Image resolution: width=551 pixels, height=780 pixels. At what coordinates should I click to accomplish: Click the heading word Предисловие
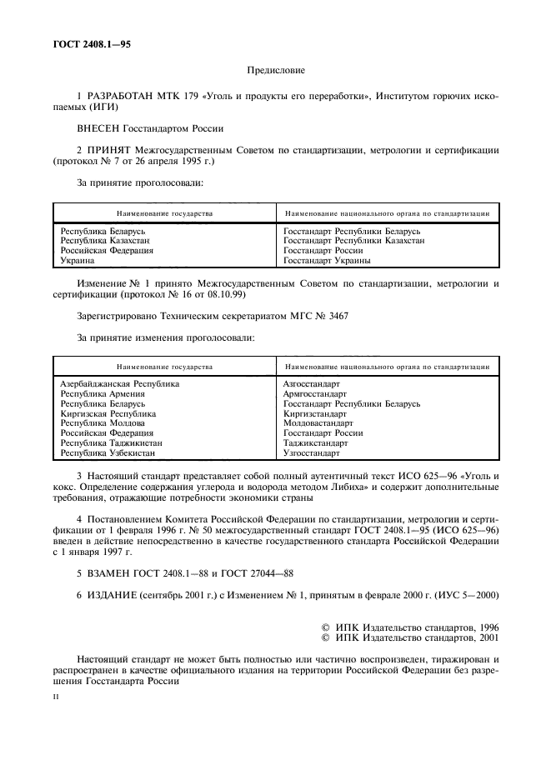coord(276,72)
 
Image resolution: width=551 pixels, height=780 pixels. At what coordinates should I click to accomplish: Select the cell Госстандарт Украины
coord(328,260)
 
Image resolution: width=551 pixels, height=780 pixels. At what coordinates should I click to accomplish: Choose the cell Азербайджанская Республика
coord(120,383)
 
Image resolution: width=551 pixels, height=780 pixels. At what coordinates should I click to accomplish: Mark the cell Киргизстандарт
coord(315,413)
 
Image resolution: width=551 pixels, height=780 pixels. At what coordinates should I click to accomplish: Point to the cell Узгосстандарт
coord(312,453)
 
